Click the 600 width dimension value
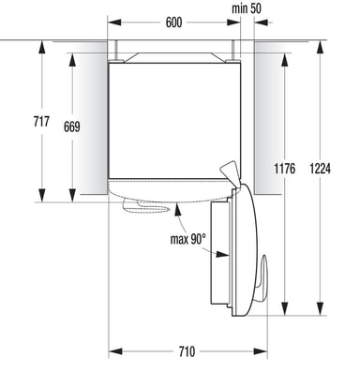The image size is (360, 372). point(173,22)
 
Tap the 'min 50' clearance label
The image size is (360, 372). point(247,8)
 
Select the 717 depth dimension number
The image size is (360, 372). point(41,121)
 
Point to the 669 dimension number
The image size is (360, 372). point(72,126)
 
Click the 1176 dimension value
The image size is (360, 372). point(284,169)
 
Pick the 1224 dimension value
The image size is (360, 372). point(320,169)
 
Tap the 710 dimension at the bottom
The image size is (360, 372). point(187,351)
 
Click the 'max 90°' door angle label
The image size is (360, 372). point(188,239)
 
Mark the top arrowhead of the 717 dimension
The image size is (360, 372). point(41,47)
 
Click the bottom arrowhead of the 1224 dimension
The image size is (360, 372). point(320,308)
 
